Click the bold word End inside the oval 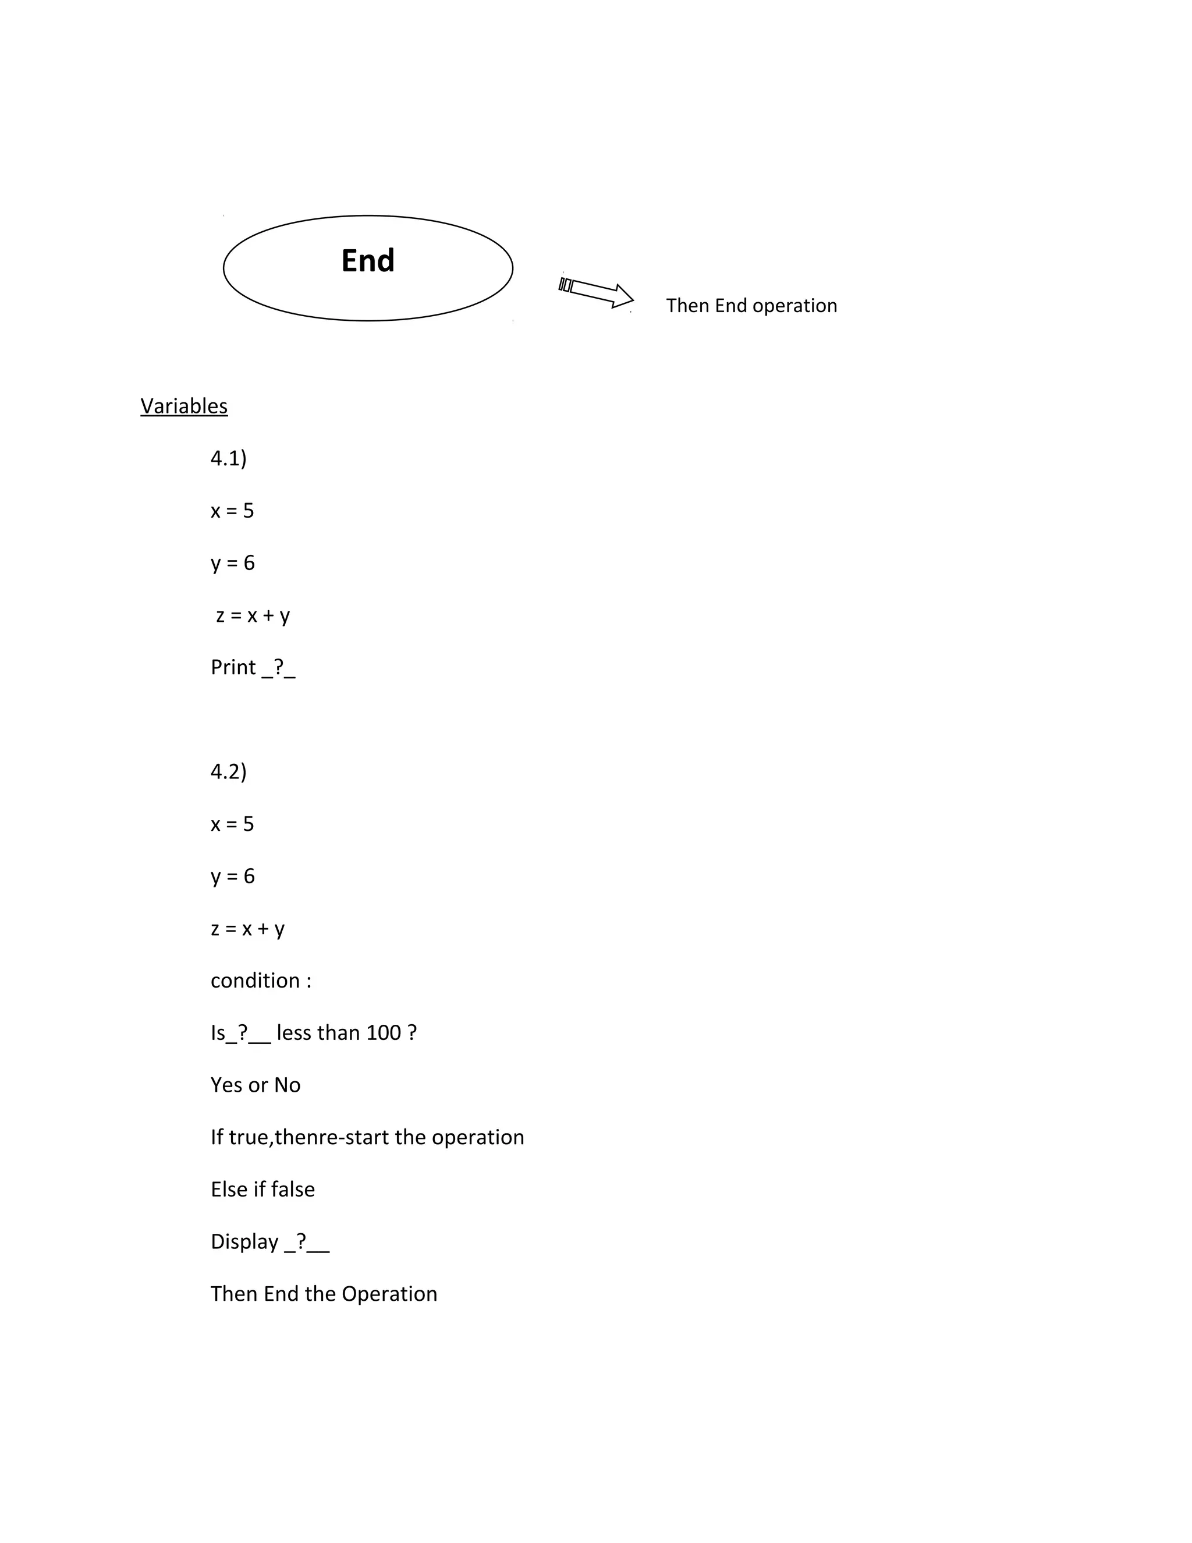(x=368, y=261)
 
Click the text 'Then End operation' (x=751, y=306)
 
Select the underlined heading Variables (x=183, y=406)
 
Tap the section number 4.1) (x=228, y=458)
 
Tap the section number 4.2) (x=228, y=771)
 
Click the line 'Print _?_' (x=253, y=668)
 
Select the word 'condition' (x=255, y=981)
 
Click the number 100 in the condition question (x=384, y=1033)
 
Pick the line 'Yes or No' (x=256, y=1085)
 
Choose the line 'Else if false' (x=262, y=1190)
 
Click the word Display (x=244, y=1242)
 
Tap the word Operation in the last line (x=389, y=1294)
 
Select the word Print (x=233, y=668)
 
